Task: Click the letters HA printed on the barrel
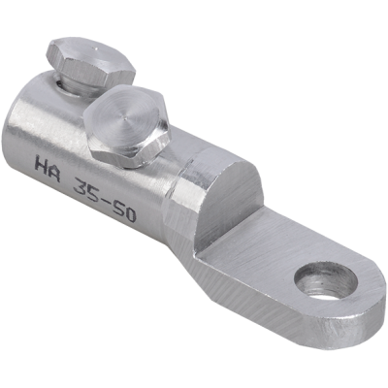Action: coord(48,169)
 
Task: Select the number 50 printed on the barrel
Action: coord(123,211)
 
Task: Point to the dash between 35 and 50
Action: coord(106,200)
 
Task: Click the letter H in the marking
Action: coord(41,166)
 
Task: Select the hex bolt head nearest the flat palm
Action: coord(128,124)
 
